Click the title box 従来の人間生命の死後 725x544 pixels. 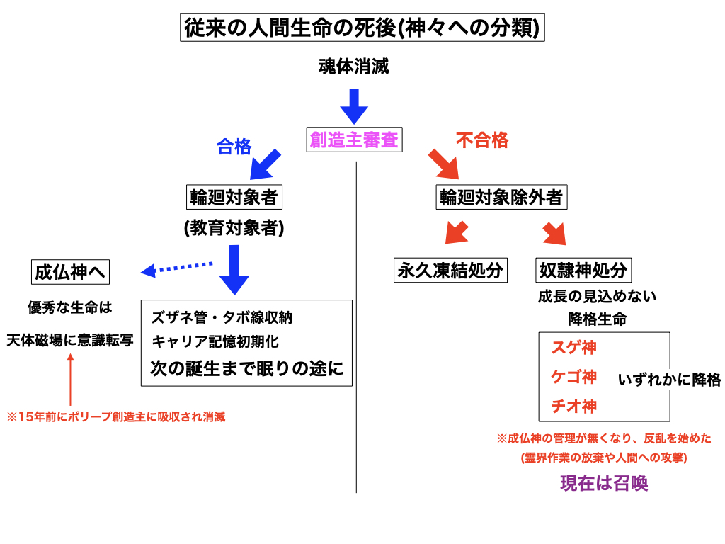[362, 29]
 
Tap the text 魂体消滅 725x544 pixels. [354, 68]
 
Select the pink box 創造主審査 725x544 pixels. [355, 140]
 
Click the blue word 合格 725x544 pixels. [234, 146]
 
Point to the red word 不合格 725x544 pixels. [482, 140]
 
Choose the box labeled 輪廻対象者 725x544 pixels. [234, 197]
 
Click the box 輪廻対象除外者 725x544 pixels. [502, 197]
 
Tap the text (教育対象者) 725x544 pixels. [234, 228]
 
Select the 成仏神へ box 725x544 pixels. [72, 271]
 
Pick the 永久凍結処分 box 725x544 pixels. [451, 270]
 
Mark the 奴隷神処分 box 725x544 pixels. [583, 270]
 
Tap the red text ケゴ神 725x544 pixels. [573, 377]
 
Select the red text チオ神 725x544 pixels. [573, 407]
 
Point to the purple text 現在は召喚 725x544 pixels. [604, 483]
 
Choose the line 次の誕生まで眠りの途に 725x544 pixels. [247, 368]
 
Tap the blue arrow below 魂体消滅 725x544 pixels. [354, 106]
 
